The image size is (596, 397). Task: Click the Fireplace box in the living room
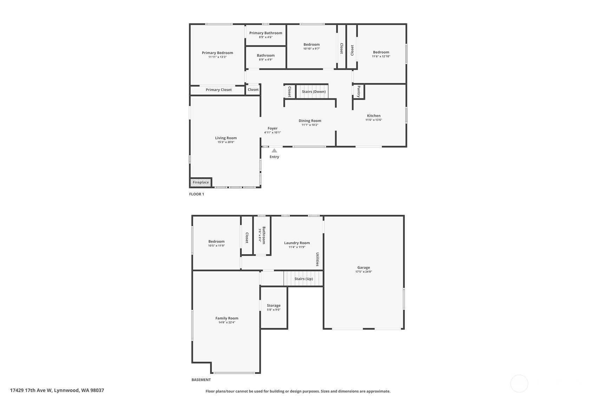coord(201,183)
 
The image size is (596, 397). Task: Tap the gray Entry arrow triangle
coord(274,151)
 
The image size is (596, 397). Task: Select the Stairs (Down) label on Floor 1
coord(314,92)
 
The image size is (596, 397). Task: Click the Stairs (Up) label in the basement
coord(303,279)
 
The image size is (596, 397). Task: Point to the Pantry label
coord(359,92)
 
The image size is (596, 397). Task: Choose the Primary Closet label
coord(218,90)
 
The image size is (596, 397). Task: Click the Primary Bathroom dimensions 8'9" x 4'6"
coord(266,37)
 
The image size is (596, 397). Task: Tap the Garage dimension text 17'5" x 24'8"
coord(364,272)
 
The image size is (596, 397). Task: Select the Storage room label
coord(274,306)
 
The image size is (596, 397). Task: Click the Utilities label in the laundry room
coord(317,259)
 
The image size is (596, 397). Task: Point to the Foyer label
coord(273,128)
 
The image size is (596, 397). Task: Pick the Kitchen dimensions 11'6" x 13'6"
coord(374,120)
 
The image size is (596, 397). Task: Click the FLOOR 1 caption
coord(196,194)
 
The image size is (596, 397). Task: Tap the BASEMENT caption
coord(201,380)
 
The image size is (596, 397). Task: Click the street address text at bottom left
coord(57,390)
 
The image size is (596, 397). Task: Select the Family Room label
coord(227,318)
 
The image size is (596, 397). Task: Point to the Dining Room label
coord(310,121)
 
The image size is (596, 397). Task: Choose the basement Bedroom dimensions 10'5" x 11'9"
coord(216,246)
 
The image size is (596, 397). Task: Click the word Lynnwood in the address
coord(66,390)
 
